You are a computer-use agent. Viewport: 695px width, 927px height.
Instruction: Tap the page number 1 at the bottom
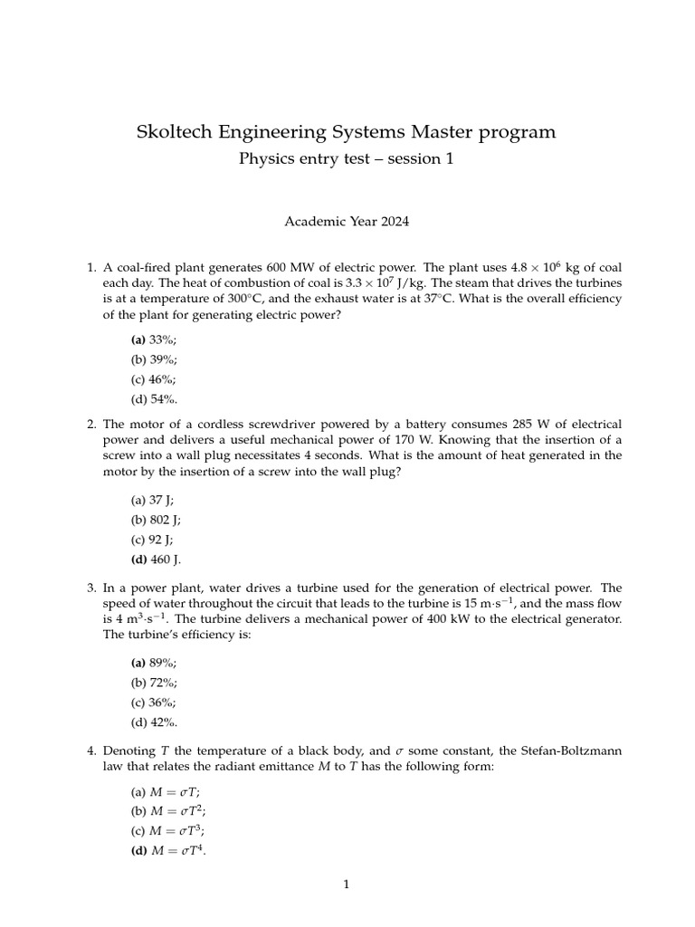(347, 884)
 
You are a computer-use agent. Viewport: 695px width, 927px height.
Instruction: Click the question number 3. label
(90, 587)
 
